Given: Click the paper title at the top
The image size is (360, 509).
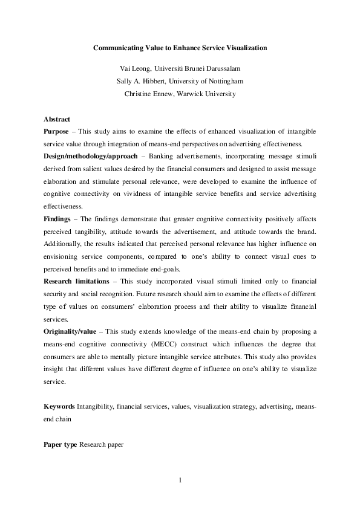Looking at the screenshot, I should [180, 47].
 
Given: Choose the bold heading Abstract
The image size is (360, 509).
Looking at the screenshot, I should [57, 119].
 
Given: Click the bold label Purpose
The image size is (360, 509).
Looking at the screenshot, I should [56, 131].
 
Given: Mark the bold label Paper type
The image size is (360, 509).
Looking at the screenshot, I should [61, 445].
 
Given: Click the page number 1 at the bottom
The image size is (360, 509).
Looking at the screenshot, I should [180, 481].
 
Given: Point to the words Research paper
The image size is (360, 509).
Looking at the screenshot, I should [101, 445].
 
